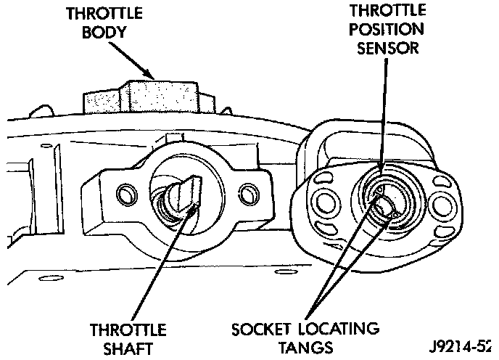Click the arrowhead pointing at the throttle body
tap(149, 74)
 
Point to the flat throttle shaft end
tap(181, 196)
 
